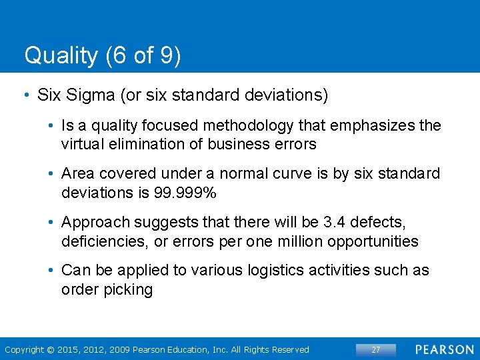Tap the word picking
(129, 289)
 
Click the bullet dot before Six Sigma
(26, 95)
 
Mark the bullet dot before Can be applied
(51, 270)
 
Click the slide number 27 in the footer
(375, 349)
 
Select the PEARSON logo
(443, 349)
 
